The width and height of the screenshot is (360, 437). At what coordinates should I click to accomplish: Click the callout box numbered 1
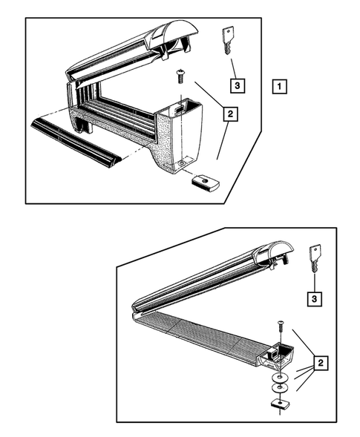coord(279,86)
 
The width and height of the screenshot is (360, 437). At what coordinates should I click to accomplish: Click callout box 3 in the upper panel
coord(238,85)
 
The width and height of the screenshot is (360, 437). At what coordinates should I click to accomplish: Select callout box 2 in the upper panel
coord(230,114)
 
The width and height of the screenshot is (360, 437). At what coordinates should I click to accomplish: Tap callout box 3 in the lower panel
coord(315,299)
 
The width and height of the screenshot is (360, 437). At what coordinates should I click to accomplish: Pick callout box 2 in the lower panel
coord(321,363)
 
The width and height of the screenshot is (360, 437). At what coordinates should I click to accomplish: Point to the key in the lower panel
coord(315,258)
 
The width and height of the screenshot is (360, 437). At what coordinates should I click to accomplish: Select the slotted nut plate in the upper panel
coord(206,183)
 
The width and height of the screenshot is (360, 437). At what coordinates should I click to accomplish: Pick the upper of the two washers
coord(280,378)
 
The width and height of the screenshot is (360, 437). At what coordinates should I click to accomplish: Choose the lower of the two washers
coord(280,387)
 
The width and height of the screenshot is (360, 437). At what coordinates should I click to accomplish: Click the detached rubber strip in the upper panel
coord(75,143)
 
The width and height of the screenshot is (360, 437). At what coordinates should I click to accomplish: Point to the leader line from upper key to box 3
coord(234,68)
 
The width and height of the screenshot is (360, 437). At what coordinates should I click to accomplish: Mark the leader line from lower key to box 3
coord(315,283)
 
